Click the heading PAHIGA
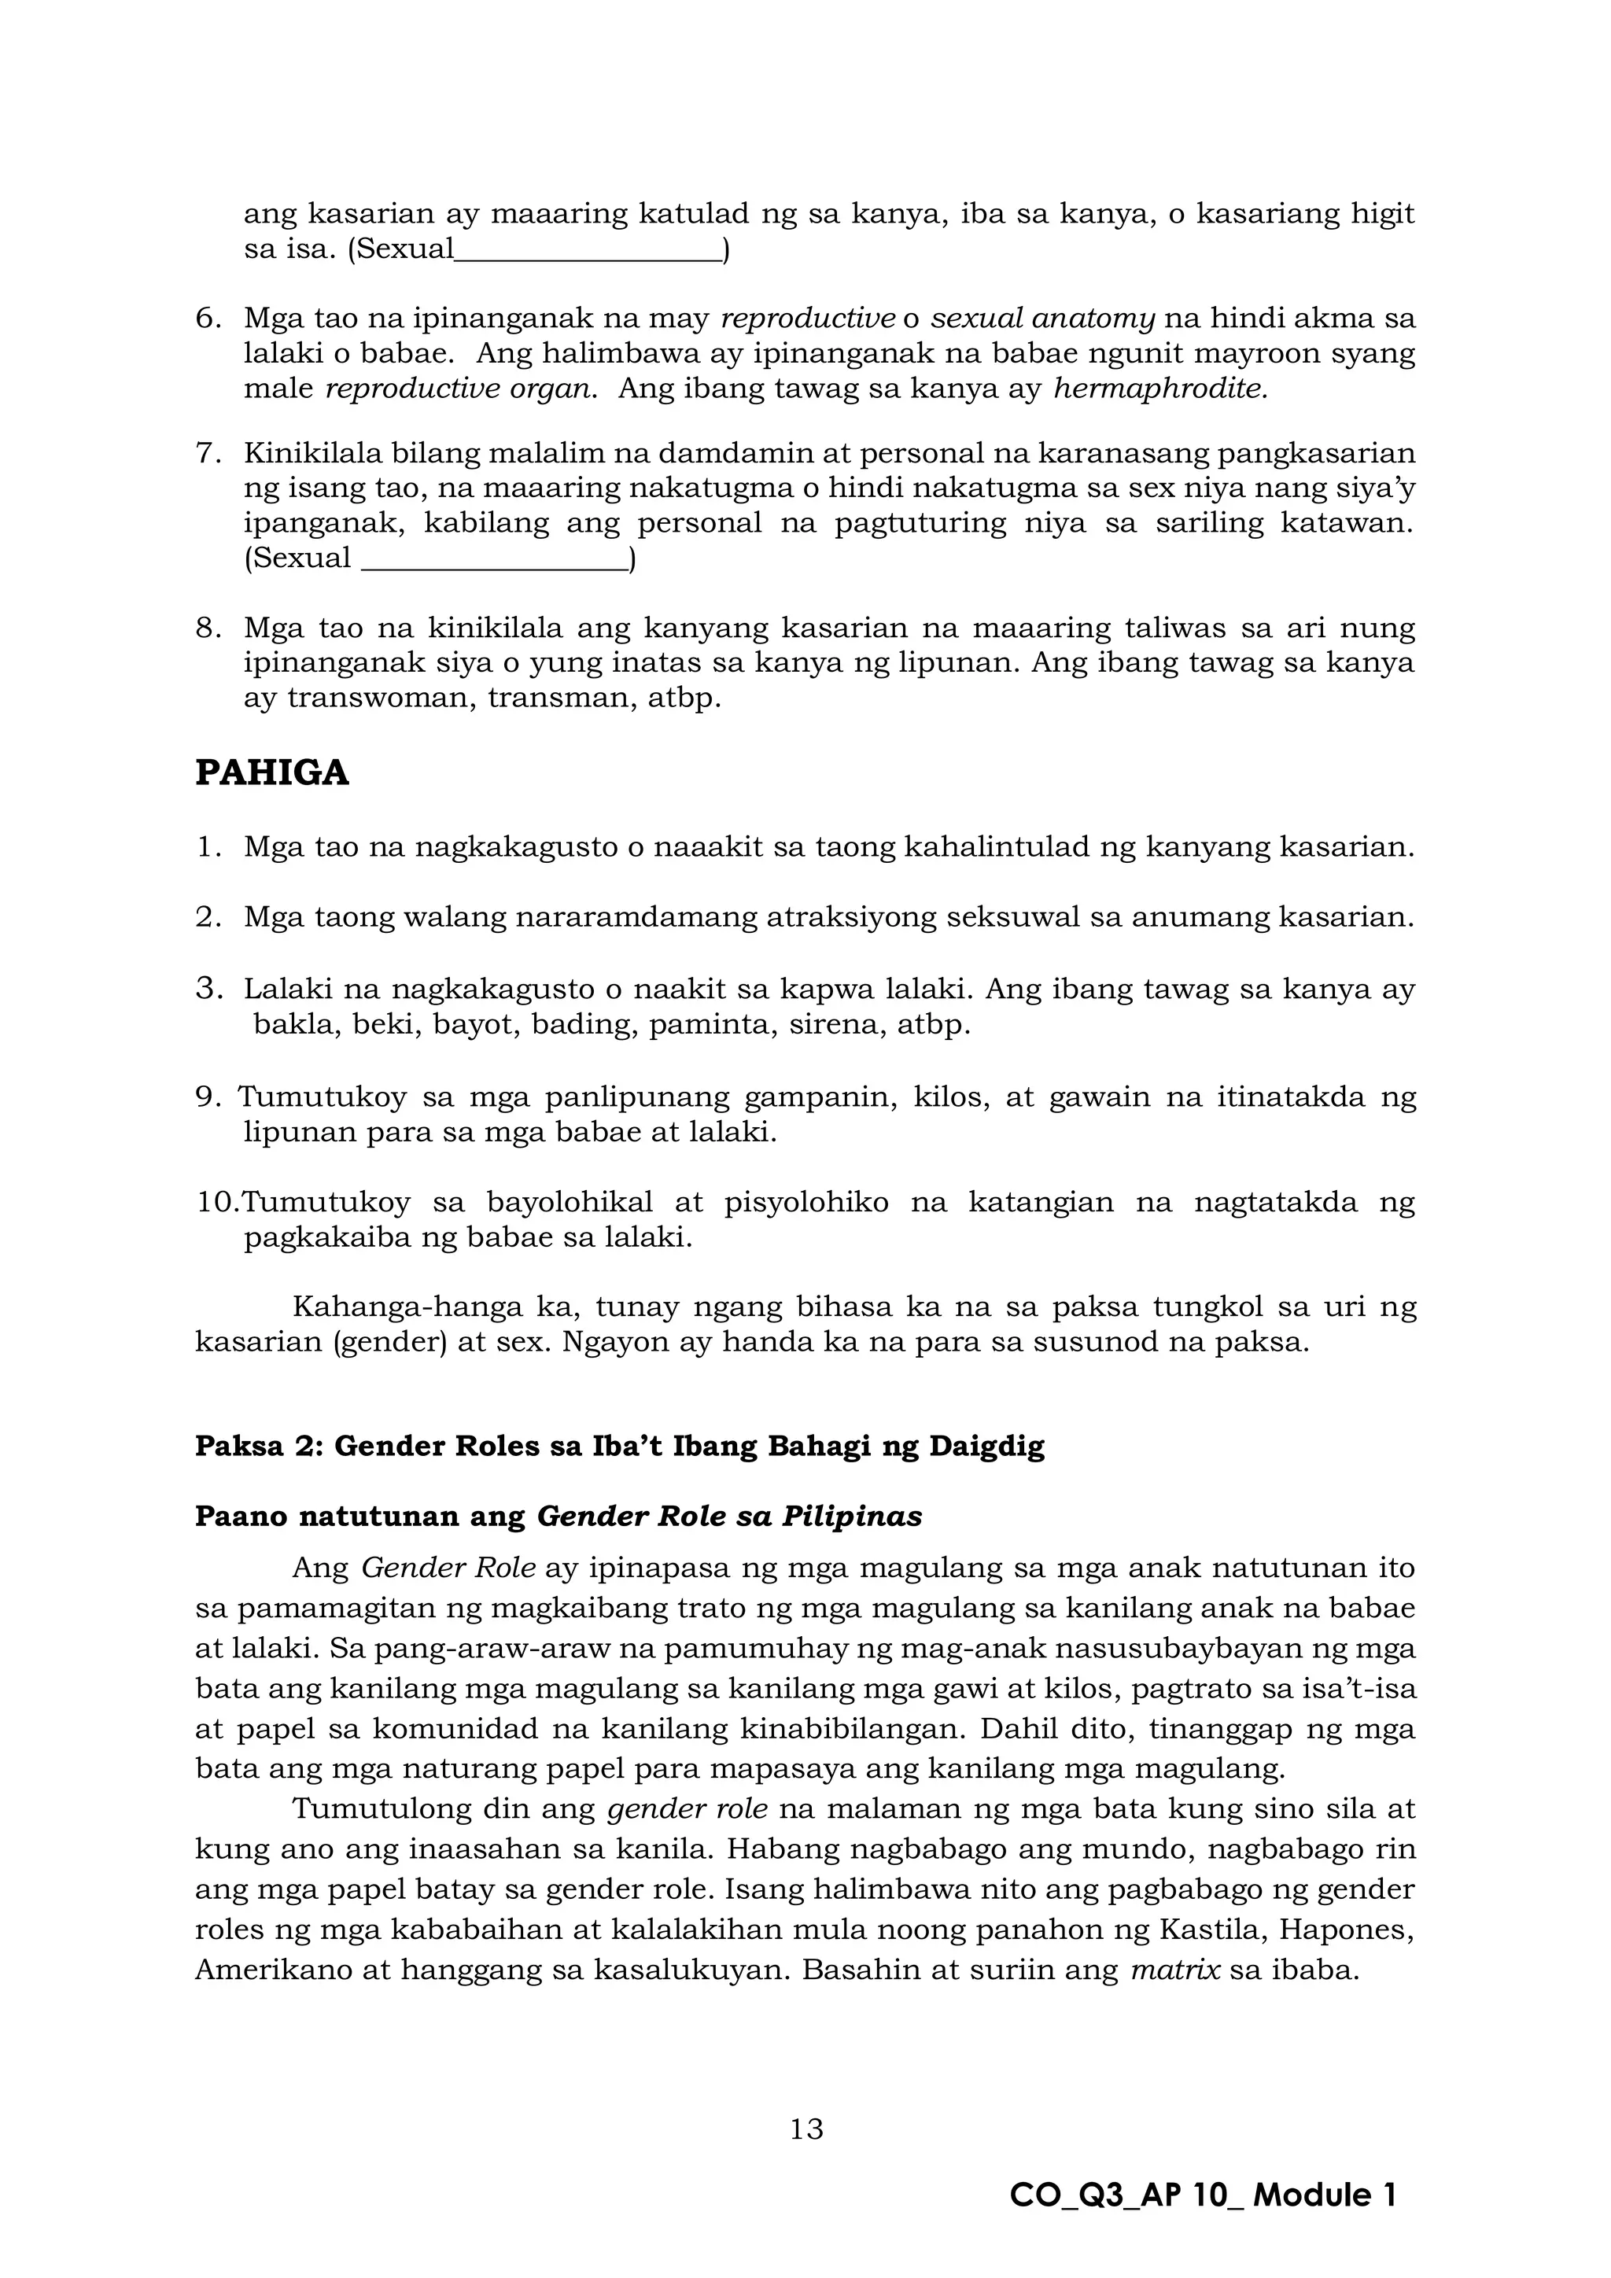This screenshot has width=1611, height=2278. click(x=272, y=773)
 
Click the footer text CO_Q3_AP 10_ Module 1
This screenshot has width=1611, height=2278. click(x=1202, y=2195)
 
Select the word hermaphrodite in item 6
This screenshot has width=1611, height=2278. click(x=1159, y=389)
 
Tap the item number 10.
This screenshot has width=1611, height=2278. click(x=216, y=1203)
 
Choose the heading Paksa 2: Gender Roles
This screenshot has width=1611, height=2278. click(x=619, y=1447)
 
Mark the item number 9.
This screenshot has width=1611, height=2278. click(x=205, y=1097)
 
